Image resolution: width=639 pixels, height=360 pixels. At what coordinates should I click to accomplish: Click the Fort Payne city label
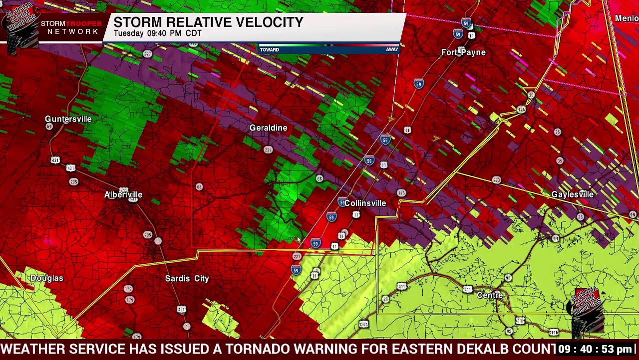tap(463, 52)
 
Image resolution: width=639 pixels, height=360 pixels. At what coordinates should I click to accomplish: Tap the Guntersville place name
tap(68, 119)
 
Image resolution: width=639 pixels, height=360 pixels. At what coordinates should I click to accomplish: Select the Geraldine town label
tap(269, 128)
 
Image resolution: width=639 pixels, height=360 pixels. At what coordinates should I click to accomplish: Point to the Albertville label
tap(123, 194)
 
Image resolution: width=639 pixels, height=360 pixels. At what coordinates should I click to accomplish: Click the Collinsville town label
tap(365, 203)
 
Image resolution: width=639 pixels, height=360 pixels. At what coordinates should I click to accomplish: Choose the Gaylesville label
tap(572, 194)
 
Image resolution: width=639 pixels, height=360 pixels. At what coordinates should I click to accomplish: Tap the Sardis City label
tap(187, 278)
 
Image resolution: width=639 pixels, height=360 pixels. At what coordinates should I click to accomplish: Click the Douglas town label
tap(47, 278)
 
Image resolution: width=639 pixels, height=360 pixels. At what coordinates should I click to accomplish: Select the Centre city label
tap(490, 295)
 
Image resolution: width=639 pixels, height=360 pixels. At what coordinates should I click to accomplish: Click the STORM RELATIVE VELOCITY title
tap(208, 22)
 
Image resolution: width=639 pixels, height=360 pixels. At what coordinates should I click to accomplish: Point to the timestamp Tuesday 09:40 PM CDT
tap(157, 33)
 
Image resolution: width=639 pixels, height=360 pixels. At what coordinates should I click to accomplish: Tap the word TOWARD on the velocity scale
tap(270, 49)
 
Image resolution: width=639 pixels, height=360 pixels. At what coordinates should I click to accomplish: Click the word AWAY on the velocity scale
tap(392, 49)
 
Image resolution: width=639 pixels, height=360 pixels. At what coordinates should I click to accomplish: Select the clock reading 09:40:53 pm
tap(595, 349)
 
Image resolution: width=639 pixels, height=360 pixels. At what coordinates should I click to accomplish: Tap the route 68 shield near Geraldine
tap(319, 178)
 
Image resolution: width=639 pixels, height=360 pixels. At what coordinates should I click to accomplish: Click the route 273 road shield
tap(496, 180)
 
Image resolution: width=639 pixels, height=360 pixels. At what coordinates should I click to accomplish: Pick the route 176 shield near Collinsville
tap(401, 193)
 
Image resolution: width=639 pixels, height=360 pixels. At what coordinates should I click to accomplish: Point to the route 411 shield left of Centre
tap(467, 289)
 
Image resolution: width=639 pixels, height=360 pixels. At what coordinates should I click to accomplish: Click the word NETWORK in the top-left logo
tap(73, 31)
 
